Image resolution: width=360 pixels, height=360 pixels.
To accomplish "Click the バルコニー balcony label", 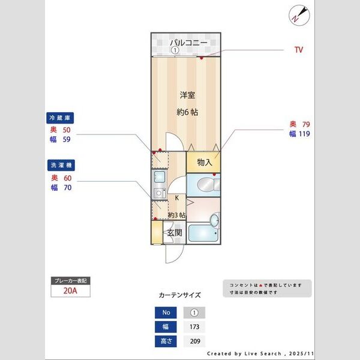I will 188,43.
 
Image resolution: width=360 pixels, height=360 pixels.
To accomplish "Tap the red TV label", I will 298,50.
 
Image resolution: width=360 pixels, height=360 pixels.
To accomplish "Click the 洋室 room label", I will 187,95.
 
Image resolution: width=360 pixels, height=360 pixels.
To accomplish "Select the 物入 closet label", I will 204,162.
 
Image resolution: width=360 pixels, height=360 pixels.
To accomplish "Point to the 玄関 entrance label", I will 174,232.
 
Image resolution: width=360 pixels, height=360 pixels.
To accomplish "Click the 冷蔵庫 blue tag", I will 60,118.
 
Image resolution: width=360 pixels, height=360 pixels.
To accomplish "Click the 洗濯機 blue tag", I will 60,164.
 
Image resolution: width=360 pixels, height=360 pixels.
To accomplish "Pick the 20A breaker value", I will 71,291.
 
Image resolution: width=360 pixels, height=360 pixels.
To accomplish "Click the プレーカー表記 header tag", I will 71,280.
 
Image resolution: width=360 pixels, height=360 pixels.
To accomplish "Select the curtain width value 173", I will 194,328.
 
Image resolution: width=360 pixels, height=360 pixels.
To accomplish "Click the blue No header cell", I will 166,313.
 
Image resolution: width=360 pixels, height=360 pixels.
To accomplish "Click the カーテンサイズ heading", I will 179,295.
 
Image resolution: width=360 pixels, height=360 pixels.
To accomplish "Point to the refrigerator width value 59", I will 67,140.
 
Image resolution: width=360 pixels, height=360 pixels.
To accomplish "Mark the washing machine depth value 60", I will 67,178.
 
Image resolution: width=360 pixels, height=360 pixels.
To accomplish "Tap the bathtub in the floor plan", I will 203,233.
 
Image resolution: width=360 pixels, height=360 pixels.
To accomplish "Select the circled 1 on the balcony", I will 175,50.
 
